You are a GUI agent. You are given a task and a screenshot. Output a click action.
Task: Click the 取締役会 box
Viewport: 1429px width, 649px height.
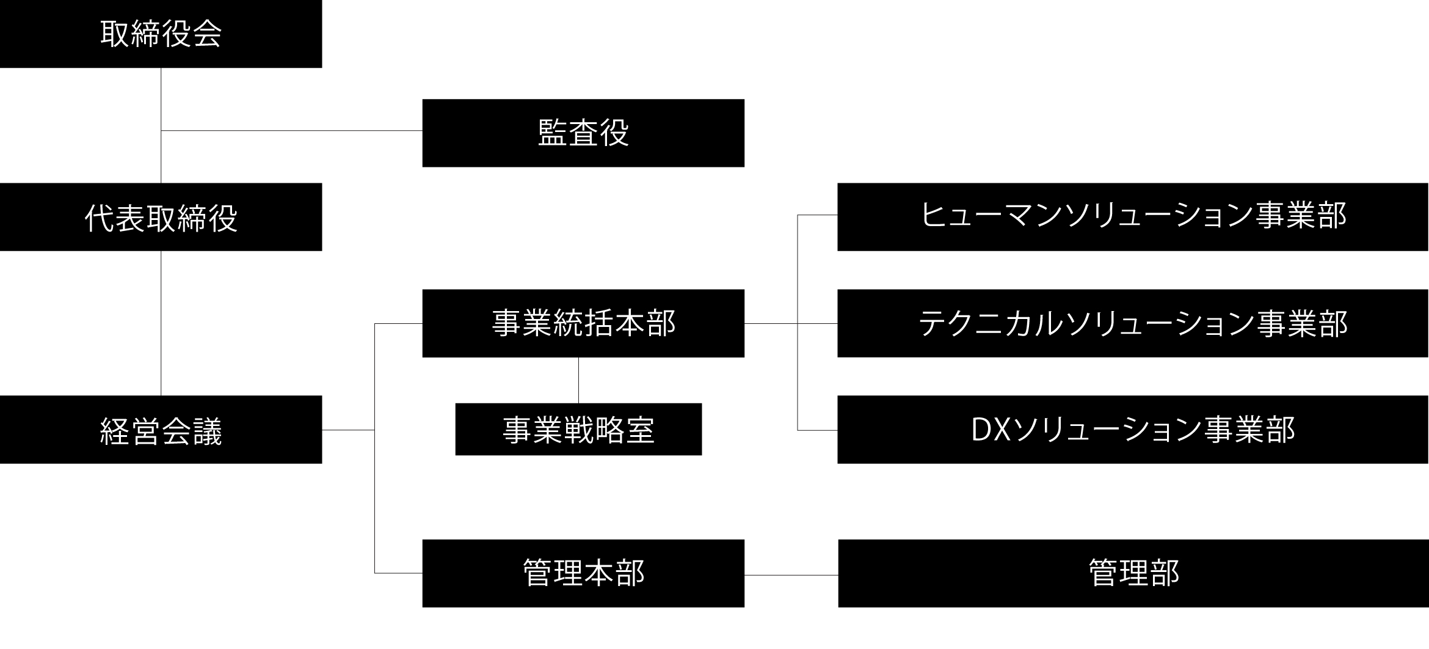pyautogui.click(x=161, y=34)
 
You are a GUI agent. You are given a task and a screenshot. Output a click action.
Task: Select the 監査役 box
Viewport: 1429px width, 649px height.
pyautogui.click(x=583, y=133)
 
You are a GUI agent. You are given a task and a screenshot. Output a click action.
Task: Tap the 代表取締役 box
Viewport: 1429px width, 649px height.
pyautogui.click(x=161, y=217)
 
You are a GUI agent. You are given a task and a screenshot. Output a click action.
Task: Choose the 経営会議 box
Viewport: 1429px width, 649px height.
pyautogui.click(x=161, y=430)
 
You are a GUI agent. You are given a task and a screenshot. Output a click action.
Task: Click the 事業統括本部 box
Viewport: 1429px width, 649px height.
pyautogui.click(x=583, y=323)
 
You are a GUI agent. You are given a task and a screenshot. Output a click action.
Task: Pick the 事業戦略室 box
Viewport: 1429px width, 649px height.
pyautogui.click(x=578, y=429)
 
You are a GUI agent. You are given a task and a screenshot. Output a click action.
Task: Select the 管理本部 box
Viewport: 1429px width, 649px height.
pyautogui.click(x=583, y=573)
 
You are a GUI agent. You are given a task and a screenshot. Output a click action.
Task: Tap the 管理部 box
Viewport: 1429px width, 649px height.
pyautogui.click(x=1133, y=573)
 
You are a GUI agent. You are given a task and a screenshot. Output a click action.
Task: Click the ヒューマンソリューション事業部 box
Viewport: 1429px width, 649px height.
pyautogui.click(x=1133, y=217)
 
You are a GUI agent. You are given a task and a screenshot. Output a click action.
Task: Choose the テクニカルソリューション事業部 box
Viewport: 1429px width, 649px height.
pyautogui.click(x=1133, y=323)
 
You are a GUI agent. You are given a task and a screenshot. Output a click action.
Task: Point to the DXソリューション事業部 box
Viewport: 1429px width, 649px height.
pyautogui.click(x=1133, y=430)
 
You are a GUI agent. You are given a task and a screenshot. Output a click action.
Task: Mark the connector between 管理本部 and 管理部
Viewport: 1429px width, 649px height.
pyautogui.click(x=791, y=575)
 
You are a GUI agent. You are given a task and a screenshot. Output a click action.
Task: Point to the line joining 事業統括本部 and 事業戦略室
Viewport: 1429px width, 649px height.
pyautogui.click(x=578, y=380)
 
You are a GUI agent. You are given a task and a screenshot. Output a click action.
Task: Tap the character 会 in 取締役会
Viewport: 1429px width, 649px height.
pyautogui.click(x=207, y=34)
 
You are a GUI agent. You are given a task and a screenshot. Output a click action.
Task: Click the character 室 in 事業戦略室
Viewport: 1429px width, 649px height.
pyautogui.click(x=639, y=430)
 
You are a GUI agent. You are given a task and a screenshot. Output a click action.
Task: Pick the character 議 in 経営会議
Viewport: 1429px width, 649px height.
pyautogui.click(x=207, y=431)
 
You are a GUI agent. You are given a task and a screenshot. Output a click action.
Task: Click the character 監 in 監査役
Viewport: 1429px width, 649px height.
pyautogui.click(x=553, y=133)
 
